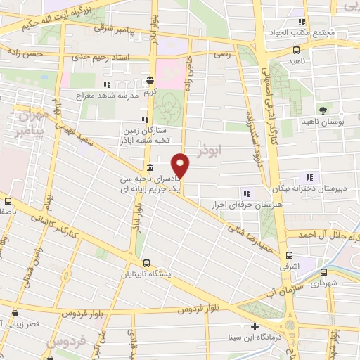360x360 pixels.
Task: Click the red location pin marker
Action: pos(181,165)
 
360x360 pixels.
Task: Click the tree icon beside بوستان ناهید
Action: pos(323,110)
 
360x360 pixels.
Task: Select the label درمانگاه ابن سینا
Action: pos(262,338)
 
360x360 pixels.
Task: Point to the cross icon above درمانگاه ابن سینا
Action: pos(254,326)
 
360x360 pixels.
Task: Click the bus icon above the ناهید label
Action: pos(296,50)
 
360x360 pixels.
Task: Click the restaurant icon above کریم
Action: pos(149,79)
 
